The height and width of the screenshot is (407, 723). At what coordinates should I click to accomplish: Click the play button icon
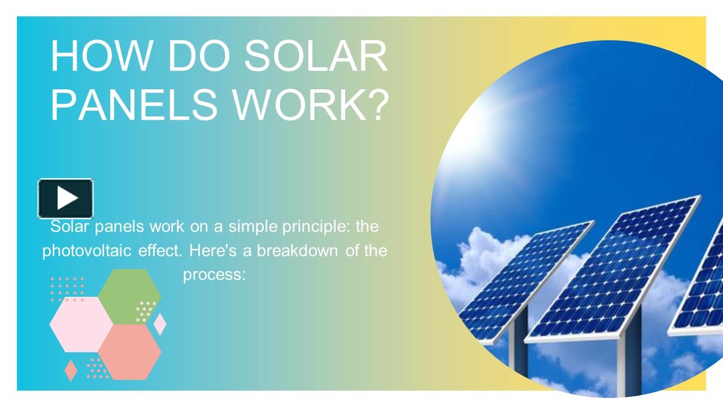[66, 198]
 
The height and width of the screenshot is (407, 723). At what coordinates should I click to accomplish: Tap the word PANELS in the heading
[130, 105]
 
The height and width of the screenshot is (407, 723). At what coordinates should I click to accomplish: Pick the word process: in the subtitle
[215, 275]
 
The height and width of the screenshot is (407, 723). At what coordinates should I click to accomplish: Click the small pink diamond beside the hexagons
[160, 324]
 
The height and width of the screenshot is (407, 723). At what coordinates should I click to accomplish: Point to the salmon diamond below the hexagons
[71, 370]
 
